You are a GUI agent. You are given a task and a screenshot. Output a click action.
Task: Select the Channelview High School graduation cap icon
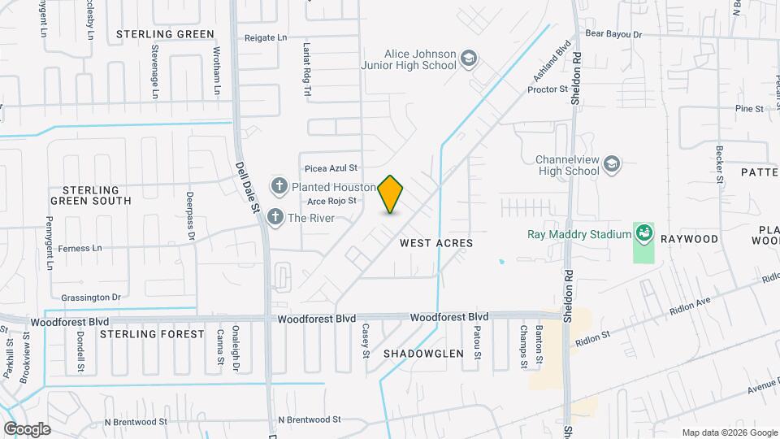611,166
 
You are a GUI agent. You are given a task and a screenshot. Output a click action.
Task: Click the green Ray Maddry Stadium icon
644,234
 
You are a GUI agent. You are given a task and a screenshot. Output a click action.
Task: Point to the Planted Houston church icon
279,187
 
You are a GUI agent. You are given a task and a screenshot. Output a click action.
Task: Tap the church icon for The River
275,217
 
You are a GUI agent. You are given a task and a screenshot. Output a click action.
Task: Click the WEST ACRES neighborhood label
436,243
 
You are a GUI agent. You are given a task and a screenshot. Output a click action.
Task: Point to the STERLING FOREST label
152,334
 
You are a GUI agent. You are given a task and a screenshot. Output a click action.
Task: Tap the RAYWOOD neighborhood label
689,239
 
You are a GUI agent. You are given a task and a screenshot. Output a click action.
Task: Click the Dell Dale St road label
248,186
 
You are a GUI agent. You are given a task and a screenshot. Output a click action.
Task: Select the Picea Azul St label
331,168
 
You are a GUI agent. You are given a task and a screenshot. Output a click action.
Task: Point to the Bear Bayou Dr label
613,35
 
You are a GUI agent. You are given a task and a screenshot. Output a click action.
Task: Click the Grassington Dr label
91,297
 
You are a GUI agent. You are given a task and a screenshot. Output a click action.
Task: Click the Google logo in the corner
27,428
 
